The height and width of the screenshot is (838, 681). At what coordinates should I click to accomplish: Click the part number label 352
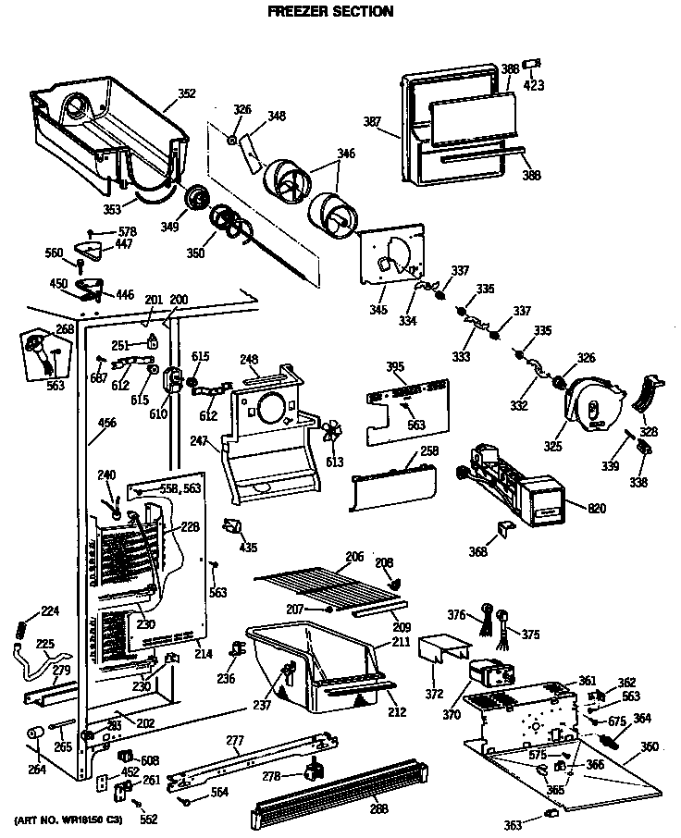(x=187, y=92)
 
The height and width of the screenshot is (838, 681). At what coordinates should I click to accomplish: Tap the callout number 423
(x=534, y=86)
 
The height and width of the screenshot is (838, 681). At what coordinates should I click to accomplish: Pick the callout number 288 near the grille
(x=379, y=810)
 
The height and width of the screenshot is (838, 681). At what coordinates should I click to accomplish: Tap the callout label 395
(x=395, y=368)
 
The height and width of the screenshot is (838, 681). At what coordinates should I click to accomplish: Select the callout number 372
(x=435, y=695)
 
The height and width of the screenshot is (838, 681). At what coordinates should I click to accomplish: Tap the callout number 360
(x=650, y=746)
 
